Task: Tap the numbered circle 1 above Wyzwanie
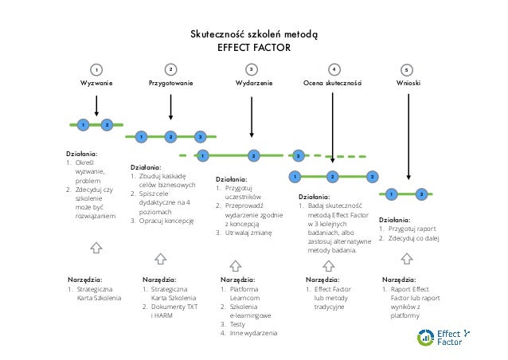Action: pyautogui.click(x=96, y=69)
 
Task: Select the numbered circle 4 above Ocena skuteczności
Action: pyautogui.click(x=334, y=69)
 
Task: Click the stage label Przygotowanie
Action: pyautogui.click(x=171, y=83)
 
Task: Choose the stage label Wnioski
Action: pyautogui.click(x=408, y=83)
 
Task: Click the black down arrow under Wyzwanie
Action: pyautogui.click(x=96, y=106)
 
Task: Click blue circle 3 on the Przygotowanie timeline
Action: pyautogui.click(x=201, y=137)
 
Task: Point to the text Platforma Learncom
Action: pyautogui.click(x=242, y=295)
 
